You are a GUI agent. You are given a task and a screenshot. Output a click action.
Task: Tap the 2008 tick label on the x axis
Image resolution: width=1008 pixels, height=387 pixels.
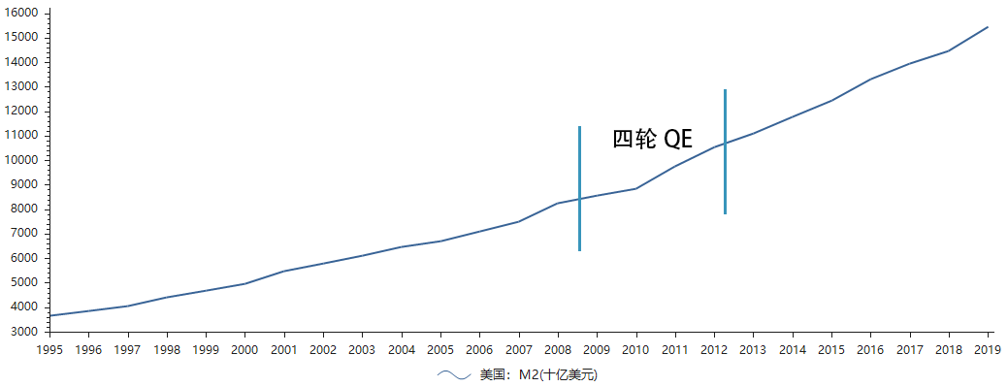(557, 349)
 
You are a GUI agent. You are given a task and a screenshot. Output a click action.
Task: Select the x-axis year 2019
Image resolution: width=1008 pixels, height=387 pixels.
(988, 349)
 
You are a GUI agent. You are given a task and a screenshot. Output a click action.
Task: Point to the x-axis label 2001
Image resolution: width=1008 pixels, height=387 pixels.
(283, 349)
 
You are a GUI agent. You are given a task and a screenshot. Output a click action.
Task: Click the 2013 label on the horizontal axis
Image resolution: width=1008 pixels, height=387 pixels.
(753, 349)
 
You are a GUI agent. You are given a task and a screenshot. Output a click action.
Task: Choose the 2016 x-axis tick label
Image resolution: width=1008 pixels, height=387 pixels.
(870, 349)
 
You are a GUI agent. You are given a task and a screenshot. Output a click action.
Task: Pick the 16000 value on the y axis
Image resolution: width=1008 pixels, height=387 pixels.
(22, 13)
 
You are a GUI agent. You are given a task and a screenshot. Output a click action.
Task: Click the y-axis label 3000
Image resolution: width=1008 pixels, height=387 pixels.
(25, 332)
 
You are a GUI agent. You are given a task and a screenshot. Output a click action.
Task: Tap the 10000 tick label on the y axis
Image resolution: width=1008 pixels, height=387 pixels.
(22, 160)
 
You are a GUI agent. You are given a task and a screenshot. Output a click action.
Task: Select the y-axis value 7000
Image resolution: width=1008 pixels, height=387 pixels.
(25, 234)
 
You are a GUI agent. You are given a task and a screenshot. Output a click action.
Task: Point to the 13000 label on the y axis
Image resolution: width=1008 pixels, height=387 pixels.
(22, 86)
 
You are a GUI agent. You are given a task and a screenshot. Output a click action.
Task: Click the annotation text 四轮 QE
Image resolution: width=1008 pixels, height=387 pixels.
(652, 139)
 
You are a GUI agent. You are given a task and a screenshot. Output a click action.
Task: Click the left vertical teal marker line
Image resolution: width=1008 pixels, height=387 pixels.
(579, 188)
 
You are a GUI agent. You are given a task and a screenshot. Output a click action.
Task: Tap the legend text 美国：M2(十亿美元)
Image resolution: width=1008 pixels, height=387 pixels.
(538, 374)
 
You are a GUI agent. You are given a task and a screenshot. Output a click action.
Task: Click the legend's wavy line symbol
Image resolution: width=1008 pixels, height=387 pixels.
(453, 374)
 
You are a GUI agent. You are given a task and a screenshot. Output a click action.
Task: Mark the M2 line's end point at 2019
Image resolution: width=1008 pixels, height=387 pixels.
(988, 27)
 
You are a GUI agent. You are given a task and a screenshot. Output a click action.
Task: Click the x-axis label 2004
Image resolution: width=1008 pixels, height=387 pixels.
(401, 349)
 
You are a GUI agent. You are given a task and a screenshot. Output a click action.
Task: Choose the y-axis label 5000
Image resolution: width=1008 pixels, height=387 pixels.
(25, 282)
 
